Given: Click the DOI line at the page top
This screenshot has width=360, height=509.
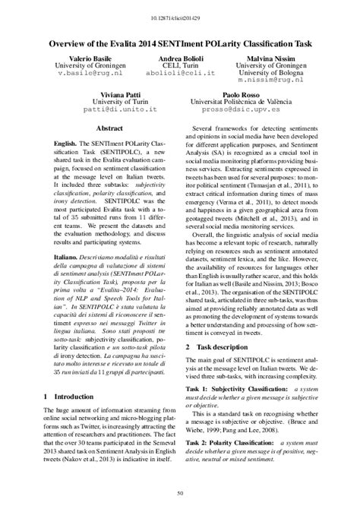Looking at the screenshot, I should (x=180, y=14).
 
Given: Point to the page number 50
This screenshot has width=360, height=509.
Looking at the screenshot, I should (x=180, y=495).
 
